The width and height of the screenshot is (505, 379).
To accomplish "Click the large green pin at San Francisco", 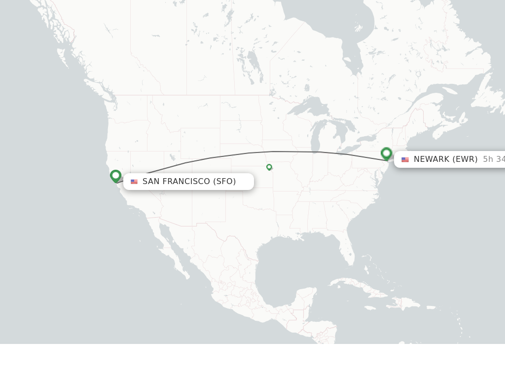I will click(116, 176).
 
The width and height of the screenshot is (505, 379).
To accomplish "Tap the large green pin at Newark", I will click(387, 153).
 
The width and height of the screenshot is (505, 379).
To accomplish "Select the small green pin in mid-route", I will click(269, 167).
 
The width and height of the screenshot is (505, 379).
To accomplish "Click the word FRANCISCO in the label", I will click(186, 182).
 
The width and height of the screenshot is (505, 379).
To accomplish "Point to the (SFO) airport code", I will click(224, 182).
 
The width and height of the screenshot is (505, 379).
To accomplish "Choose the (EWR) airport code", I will click(465, 159).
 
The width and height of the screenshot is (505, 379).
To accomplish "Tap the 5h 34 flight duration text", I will click(493, 159).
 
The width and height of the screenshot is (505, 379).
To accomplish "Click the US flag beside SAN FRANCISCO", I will click(134, 182).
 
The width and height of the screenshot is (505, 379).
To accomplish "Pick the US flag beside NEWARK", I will click(405, 159).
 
